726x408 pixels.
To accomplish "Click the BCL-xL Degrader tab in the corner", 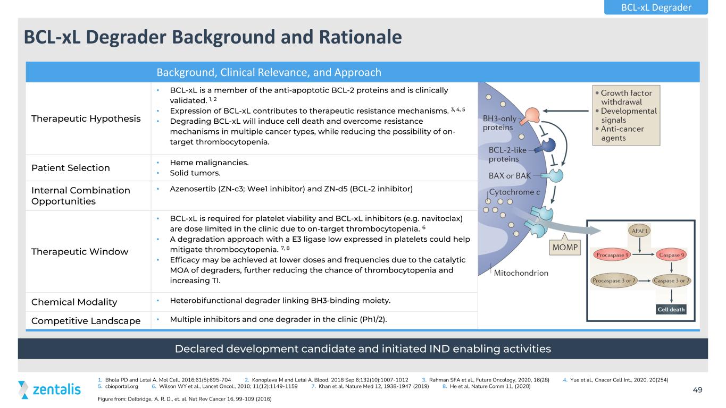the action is coord(656,7).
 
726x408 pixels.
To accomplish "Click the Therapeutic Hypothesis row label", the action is coord(86,118).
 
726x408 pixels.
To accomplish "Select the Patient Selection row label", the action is coord(71,168).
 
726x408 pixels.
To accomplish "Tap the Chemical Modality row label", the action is coord(74,302).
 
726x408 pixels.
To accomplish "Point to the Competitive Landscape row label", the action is coord(86,320).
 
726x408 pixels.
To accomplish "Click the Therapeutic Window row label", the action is coord(80,252).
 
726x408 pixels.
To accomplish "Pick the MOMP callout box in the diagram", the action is coord(565,248).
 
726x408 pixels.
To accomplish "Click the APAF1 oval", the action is coord(639,231).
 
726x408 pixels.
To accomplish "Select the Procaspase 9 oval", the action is coord(612,255).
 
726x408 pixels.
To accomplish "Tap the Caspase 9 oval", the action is coord(672,255).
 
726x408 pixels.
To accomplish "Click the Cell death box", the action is coord(671,309).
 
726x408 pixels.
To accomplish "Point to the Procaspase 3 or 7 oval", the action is coord(614,280).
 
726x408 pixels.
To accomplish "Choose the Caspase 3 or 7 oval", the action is coord(671,280).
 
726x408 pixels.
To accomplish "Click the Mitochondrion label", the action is coord(521,273).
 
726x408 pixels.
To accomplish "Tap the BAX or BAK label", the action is coord(510,176).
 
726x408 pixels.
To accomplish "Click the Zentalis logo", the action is coord(49,389).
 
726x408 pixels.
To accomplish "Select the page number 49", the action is coord(697,390).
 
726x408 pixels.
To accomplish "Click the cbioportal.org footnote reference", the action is coord(121,386).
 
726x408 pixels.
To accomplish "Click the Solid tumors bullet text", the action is coord(195,173).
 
